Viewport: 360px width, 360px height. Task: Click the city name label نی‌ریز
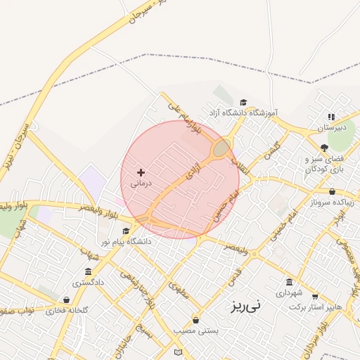tap(245, 306)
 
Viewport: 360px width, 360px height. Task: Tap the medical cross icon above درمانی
tap(141, 172)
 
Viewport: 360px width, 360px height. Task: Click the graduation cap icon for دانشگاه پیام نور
tap(127, 231)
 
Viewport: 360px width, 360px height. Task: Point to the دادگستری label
tap(88, 282)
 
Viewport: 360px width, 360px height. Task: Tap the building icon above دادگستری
tap(88, 272)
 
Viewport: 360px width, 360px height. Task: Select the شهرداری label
tap(288, 292)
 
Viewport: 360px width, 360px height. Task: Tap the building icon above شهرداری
tap(289, 281)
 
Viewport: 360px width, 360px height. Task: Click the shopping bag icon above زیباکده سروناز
tap(332, 191)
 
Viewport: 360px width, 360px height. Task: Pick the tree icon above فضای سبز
tap(323, 148)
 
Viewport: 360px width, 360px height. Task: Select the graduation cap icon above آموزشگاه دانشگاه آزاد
tap(243, 103)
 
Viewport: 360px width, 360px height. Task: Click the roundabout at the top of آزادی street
tap(221, 148)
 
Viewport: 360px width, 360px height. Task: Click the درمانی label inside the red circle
tap(140, 184)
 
